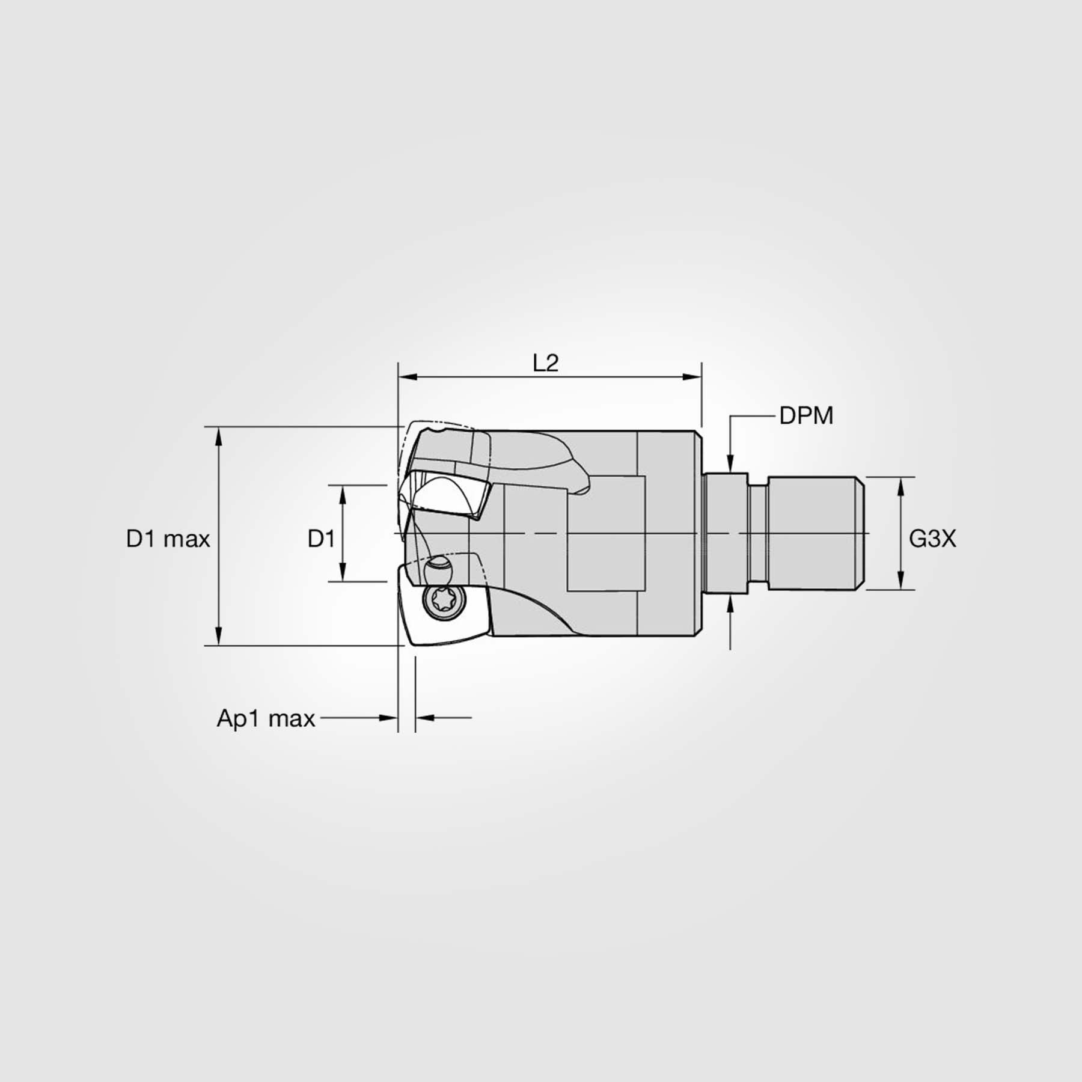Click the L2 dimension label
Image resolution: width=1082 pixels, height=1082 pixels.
[545, 363]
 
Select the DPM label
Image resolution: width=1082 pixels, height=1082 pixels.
[805, 416]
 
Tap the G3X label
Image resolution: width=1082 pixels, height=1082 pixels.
[932, 539]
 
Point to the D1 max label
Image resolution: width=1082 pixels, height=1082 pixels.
[168, 539]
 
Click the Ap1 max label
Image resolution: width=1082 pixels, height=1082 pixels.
[266, 718]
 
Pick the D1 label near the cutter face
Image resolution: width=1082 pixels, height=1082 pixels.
[321, 539]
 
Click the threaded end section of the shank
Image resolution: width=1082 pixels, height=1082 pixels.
[815, 533]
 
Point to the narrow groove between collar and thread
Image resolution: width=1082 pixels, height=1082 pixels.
[757, 533]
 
